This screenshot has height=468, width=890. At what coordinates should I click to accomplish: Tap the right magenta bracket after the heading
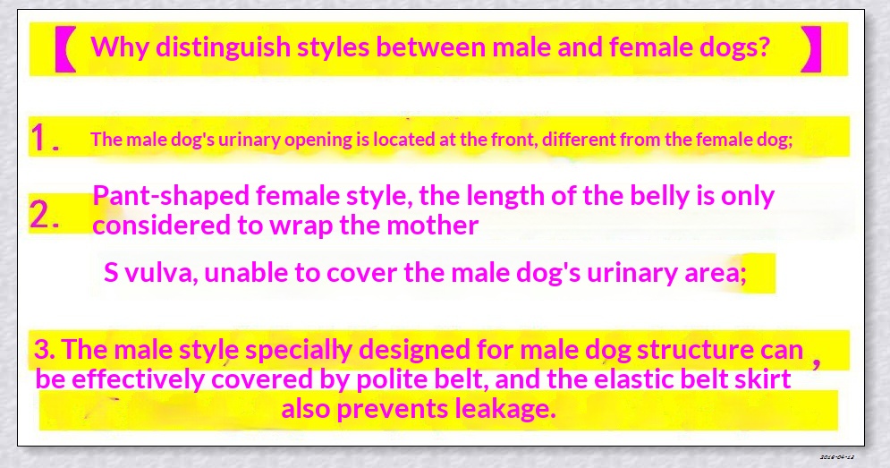810,49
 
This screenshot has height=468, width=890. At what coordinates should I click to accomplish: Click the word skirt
763,379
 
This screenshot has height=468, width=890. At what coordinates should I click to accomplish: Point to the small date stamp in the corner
837,456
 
